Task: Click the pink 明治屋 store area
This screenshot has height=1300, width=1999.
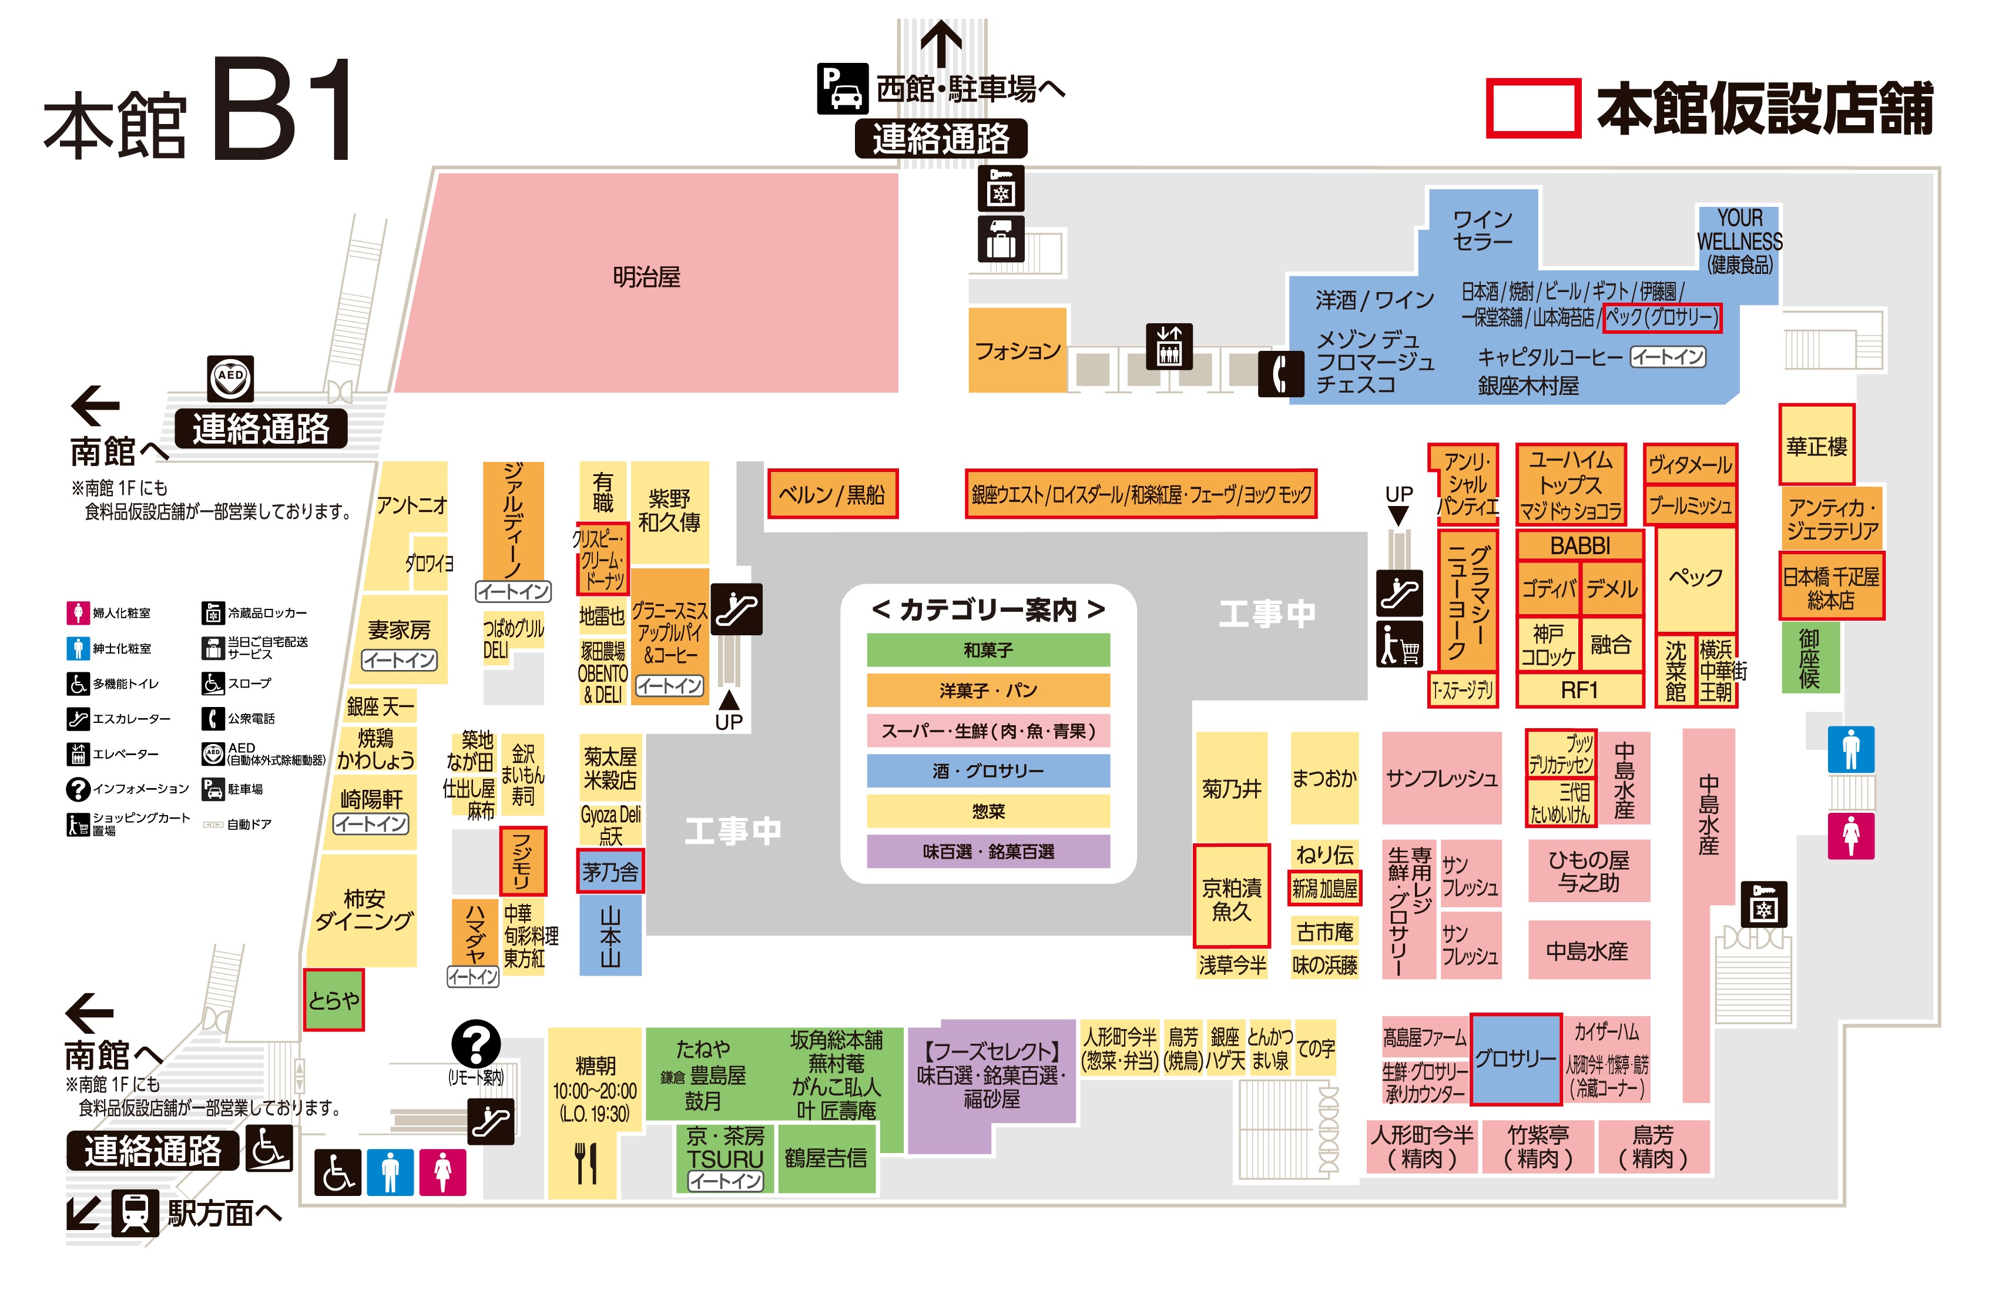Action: point(647,277)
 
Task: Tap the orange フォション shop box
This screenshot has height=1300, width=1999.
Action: point(1017,350)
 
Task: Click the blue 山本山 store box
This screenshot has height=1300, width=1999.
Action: point(610,935)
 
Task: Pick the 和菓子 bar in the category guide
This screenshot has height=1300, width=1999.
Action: point(988,649)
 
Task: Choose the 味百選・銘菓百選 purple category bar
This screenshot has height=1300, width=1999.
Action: point(988,851)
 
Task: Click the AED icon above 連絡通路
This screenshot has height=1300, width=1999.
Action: point(230,377)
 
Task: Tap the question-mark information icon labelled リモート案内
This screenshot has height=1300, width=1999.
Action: point(475,1044)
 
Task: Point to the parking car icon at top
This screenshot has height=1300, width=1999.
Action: point(843,88)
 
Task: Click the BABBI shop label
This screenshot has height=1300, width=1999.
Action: point(1579,545)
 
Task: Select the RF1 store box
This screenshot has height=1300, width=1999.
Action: point(1579,690)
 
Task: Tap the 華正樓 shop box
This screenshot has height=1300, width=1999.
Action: point(1816,445)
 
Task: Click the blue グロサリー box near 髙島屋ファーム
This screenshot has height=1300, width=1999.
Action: point(1515,1059)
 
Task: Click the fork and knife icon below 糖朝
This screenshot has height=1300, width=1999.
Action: point(585,1162)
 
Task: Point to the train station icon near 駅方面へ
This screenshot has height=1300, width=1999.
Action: point(135,1212)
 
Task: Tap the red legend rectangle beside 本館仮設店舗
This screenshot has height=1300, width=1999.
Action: point(1533,108)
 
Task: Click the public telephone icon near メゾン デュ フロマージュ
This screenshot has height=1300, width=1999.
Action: point(1280,374)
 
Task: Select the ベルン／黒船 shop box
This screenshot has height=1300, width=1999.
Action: point(831,494)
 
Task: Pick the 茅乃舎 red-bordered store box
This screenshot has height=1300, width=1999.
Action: point(610,872)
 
